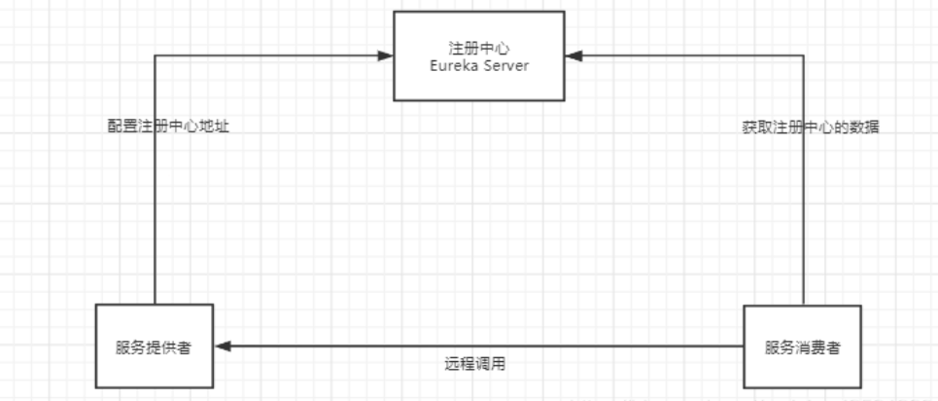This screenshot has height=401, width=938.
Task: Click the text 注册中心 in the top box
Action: [478, 48]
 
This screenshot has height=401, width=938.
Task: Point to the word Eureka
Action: [453, 65]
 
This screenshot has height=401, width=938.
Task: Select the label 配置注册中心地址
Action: [168, 128]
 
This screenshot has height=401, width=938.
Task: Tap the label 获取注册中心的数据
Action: [811, 128]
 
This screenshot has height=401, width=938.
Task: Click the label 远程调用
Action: [475, 364]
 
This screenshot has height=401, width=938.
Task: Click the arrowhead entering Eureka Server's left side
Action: [385, 55]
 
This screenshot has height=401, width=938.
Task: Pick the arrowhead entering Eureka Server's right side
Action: [573, 55]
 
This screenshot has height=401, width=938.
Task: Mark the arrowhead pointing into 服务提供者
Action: [223, 346]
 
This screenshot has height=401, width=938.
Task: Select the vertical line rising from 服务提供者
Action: [155, 180]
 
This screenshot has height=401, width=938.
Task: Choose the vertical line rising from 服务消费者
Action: [803, 180]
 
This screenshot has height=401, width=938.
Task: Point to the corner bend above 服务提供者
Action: [155, 55]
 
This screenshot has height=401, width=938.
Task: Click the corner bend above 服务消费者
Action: [803, 55]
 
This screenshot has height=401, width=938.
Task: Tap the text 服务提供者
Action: [154, 347]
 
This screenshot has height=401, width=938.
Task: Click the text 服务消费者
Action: [802, 347]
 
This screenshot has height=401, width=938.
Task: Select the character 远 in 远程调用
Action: [452, 364]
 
